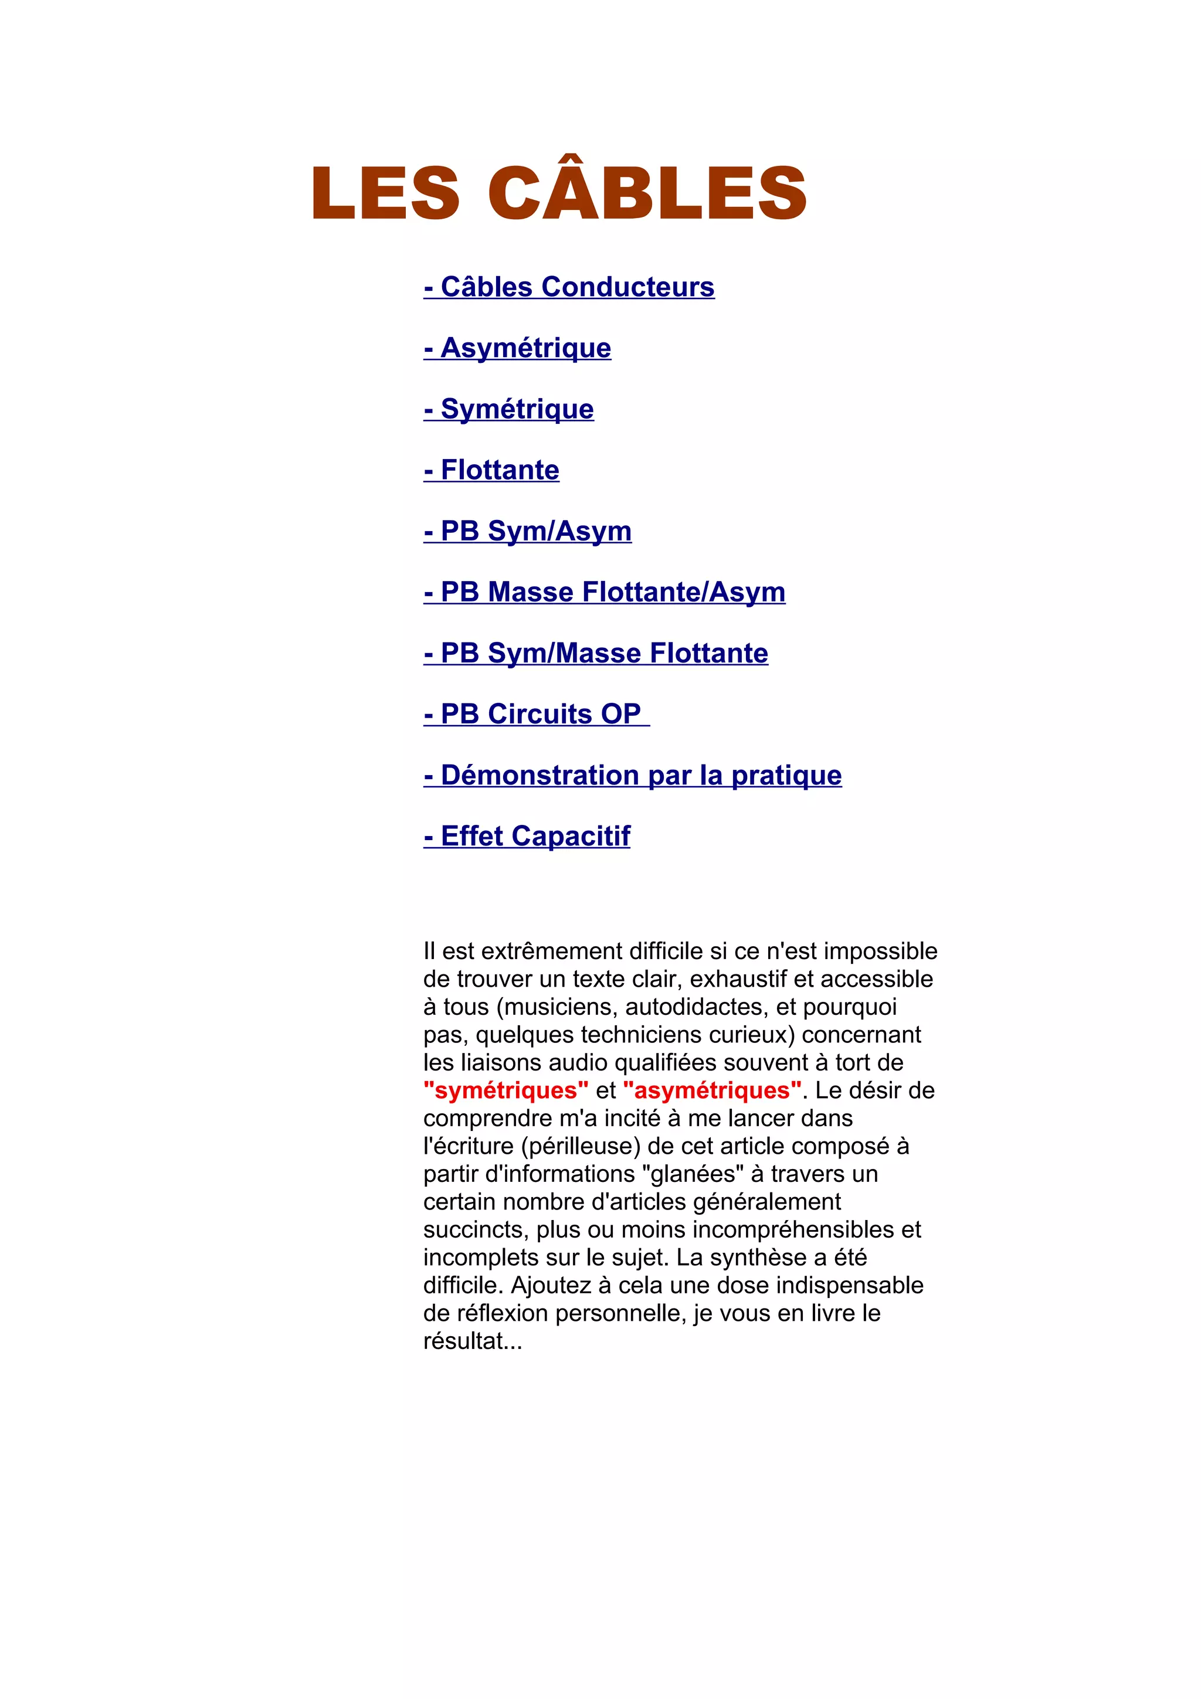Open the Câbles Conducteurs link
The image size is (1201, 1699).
point(569,287)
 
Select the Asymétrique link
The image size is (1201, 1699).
point(517,348)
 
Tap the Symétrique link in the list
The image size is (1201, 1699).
point(508,409)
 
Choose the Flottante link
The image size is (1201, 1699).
point(491,470)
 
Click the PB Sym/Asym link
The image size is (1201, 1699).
point(528,531)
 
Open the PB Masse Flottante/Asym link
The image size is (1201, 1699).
point(605,592)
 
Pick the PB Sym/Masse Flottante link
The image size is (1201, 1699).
point(596,654)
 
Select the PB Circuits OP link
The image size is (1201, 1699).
point(537,714)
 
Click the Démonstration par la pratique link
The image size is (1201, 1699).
point(633,776)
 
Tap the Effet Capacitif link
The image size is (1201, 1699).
point(527,836)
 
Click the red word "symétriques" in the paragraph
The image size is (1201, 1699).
point(506,1090)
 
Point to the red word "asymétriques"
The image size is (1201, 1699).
point(713,1090)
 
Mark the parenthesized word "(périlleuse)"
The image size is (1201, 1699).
point(581,1146)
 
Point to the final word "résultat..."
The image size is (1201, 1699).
point(473,1341)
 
